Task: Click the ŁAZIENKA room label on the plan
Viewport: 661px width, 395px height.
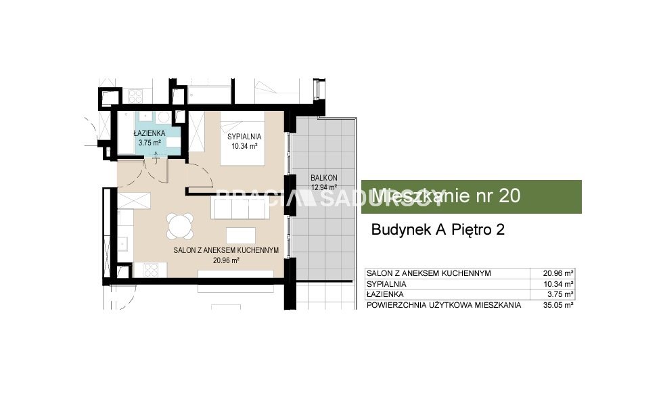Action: coord(150,133)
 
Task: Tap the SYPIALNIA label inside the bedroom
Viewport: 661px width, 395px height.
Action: coord(244,137)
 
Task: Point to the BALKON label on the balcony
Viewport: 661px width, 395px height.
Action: coord(324,178)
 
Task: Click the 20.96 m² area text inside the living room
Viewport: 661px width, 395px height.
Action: coord(226,260)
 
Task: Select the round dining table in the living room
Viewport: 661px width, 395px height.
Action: coord(180,227)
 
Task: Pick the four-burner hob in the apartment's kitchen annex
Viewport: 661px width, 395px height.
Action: coord(150,270)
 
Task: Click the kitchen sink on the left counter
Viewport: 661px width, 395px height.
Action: coord(123,244)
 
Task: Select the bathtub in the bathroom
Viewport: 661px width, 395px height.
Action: coord(126,133)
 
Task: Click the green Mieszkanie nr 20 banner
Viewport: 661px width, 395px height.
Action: coord(472,197)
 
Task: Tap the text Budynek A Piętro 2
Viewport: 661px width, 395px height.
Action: coord(438,230)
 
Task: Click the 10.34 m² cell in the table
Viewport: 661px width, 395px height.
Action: coord(558,284)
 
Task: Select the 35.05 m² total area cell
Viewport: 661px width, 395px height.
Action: coord(558,305)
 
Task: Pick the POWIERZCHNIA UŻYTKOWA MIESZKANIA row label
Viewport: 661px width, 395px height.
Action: coord(444,305)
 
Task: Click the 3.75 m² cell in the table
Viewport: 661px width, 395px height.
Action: coord(560,295)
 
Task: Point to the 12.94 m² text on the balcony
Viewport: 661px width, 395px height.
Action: coord(324,187)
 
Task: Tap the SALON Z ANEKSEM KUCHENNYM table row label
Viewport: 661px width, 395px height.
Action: coord(429,273)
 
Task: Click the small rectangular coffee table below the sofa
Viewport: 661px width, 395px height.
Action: coord(241,235)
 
